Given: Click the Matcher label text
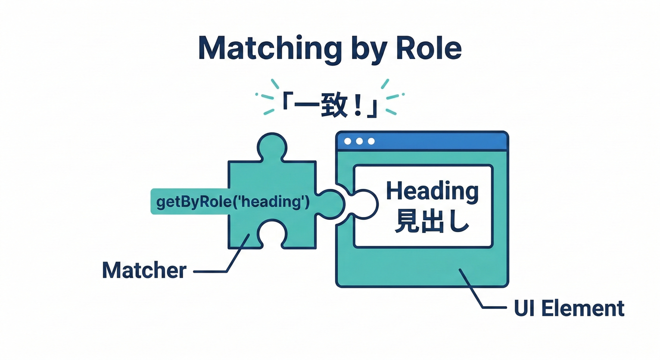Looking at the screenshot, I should (x=144, y=270).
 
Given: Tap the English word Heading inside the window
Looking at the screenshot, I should (x=432, y=192).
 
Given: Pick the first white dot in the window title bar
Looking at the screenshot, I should (x=347, y=141).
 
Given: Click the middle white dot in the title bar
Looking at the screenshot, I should (x=359, y=141).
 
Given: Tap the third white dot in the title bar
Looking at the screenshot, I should (x=371, y=141).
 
